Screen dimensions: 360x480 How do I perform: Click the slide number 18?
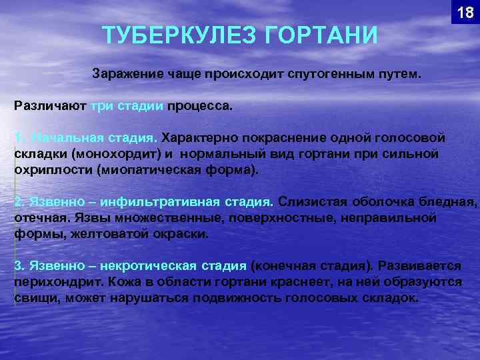(x=465, y=12)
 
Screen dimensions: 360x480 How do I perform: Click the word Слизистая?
(x=310, y=201)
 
